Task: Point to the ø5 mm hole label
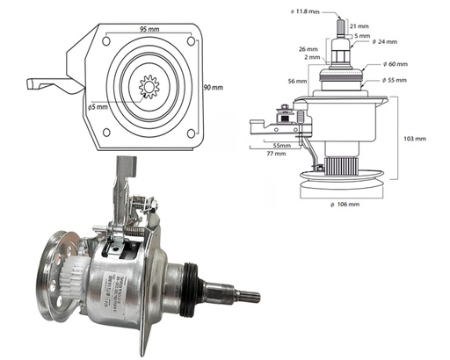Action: [99, 107]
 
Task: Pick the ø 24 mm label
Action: [385, 42]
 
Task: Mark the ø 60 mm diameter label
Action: [396, 65]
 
